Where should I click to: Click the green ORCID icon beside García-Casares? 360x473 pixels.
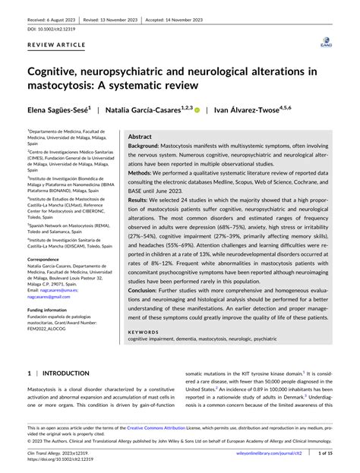pyautogui.click(x=197, y=110)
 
